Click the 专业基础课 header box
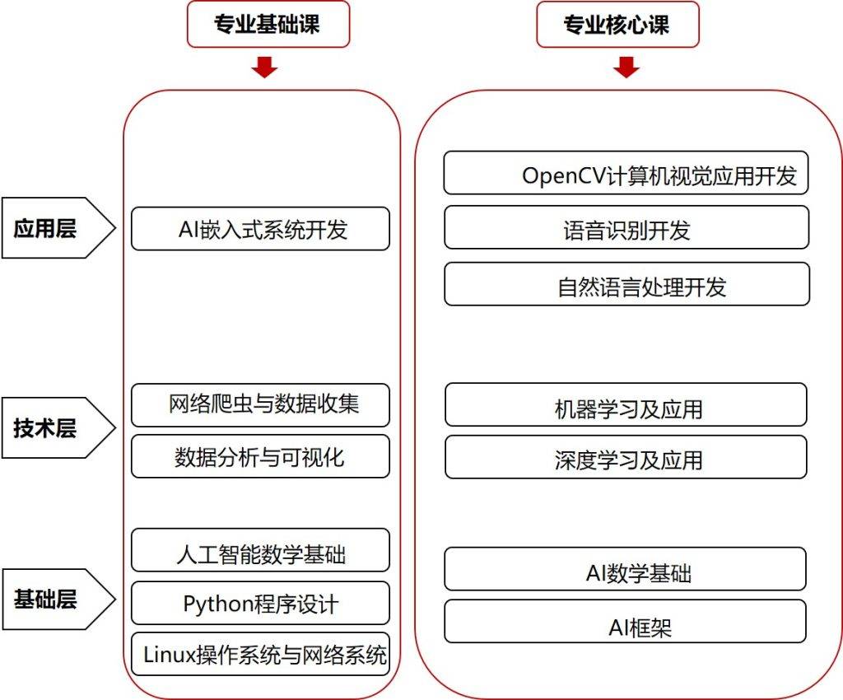pyautogui.click(x=268, y=24)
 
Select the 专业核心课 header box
pyautogui.click(x=617, y=24)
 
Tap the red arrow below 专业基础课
pyautogui.click(x=264, y=67)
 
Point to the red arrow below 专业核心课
pyautogui.click(x=626, y=67)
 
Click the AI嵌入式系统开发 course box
pyautogui.click(x=260, y=228)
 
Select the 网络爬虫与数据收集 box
pyautogui.click(x=260, y=405)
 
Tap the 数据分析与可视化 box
pyautogui.click(x=260, y=456)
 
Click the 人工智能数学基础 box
pyautogui.click(x=260, y=550)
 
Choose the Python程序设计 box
pyautogui.click(x=260, y=603)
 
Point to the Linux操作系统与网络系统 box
pyautogui.click(x=260, y=655)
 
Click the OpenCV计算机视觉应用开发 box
pyautogui.click(x=626, y=173)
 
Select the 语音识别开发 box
pyautogui.click(x=626, y=226)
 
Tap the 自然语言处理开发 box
pyautogui.click(x=626, y=284)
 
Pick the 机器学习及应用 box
pyautogui.click(x=626, y=404)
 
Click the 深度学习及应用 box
pyautogui.click(x=626, y=457)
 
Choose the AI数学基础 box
pyautogui.click(x=626, y=569)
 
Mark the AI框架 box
pyautogui.click(x=626, y=622)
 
